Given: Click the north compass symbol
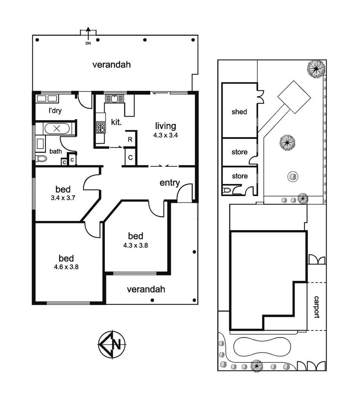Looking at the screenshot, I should [x=113, y=345].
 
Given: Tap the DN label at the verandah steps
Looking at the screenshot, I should [x=88, y=43].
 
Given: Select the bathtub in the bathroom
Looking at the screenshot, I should [x=57, y=128].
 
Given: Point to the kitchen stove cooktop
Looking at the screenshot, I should [x=100, y=127].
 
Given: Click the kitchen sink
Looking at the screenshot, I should [x=114, y=99].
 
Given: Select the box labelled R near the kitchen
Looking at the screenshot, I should [x=130, y=139].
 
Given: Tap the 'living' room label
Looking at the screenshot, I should [x=165, y=126].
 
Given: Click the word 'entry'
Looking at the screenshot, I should [x=170, y=183].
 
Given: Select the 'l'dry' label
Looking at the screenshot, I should [x=55, y=111].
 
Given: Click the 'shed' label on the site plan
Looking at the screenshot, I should [x=239, y=112].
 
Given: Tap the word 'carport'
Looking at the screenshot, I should [x=317, y=307].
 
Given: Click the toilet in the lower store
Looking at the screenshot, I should [x=228, y=190].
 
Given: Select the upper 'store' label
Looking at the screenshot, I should [x=239, y=152].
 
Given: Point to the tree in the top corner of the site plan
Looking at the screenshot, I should [x=316, y=69].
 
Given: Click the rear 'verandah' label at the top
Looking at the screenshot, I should [x=112, y=65].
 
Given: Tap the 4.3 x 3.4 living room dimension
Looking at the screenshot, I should [x=165, y=135].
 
